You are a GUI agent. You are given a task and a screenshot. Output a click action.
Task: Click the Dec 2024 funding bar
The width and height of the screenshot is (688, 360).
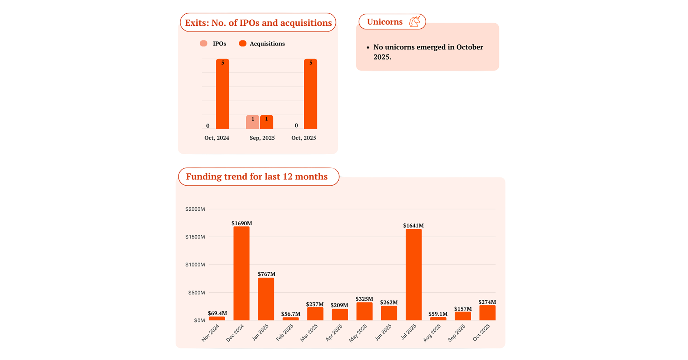[x=241, y=273]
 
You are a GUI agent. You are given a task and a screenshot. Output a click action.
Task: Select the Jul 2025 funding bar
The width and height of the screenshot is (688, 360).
[x=414, y=274]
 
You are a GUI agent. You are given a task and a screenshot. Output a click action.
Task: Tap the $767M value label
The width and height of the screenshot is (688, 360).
[x=267, y=274]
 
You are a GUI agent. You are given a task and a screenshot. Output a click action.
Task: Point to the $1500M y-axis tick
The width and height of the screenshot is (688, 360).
[x=195, y=237]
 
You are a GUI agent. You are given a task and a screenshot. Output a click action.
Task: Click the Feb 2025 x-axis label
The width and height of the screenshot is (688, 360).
[x=285, y=332]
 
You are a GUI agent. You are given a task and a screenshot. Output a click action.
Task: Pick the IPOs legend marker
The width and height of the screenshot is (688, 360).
[x=204, y=44]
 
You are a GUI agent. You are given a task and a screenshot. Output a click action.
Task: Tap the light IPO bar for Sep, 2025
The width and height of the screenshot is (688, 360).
[x=252, y=122]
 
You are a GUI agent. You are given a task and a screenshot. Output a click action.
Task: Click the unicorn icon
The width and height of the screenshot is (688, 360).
[x=415, y=21]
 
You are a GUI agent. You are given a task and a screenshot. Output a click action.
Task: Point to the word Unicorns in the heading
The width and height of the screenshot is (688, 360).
[x=384, y=22]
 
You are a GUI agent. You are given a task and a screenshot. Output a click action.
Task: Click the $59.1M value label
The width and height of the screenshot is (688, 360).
[x=438, y=314]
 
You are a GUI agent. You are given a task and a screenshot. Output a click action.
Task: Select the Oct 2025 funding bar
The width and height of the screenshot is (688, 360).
[x=487, y=313]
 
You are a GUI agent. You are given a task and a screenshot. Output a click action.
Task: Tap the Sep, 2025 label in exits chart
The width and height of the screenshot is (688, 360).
[x=262, y=138]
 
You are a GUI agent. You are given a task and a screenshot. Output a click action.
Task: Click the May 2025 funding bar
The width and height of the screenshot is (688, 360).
[x=364, y=311]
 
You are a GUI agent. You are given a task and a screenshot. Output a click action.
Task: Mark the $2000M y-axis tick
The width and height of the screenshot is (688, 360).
[x=195, y=209]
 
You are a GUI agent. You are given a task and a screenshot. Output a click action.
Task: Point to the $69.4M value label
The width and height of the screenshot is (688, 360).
[x=217, y=313]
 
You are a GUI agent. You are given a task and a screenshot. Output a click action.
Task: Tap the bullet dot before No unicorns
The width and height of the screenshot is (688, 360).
[x=368, y=48]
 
